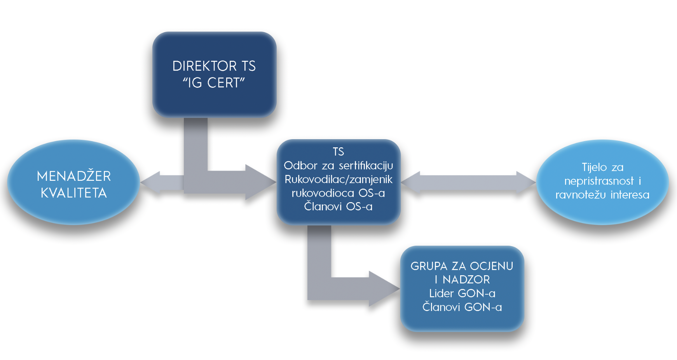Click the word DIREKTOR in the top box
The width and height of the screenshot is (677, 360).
pyautogui.click(x=204, y=66)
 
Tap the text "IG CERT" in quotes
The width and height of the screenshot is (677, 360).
pyautogui.click(x=214, y=83)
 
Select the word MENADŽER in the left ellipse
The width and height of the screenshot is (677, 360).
pyautogui.click(x=74, y=177)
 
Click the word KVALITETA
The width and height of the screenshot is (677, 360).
pyautogui.click(x=74, y=193)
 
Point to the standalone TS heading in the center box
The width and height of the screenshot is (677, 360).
pyautogui.click(x=338, y=152)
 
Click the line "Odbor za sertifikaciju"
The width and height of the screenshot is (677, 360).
pyautogui.click(x=338, y=166)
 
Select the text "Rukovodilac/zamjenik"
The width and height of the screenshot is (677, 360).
pyautogui.click(x=338, y=179)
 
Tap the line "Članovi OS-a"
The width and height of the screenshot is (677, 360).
pyautogui.click(x=338, y=206)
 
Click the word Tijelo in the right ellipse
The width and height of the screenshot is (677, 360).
pyautogui.click(x=594, y=168)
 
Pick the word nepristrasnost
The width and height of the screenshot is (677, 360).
pyautogui.click(x=599, y=181)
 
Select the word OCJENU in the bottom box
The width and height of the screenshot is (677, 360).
pyautogui.click(x=491, y=266)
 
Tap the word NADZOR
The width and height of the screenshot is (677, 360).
pyautogui.click(x=466, y=280)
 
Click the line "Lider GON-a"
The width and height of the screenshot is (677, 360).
pyautogui.click(x=462, y=294)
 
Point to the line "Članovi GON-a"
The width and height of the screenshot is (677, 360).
pyautogui.click(x=462, y=307)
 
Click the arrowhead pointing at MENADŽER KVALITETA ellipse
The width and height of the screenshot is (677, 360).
pyautogui.click(x=150, y=182)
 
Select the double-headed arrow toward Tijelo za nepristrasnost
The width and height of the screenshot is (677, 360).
pyautogui.click(x=468, y=182)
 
